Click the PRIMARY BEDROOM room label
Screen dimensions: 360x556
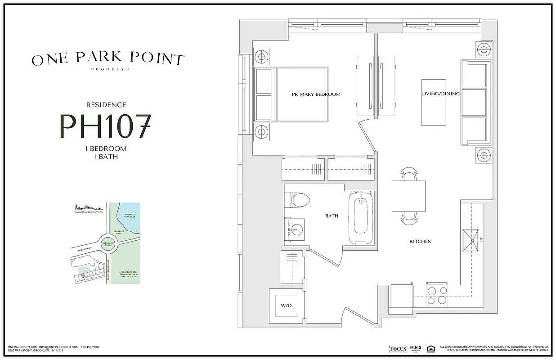(316, 94)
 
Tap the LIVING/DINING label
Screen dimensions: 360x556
(440, 94)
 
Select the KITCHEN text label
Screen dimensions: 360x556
(420, 242)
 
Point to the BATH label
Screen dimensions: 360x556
(332, 216)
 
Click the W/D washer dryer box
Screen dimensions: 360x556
(286, 306)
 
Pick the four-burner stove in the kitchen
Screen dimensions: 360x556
(436, 295)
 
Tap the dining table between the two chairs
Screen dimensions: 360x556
(408, 196)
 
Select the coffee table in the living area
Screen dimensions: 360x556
(433, 103)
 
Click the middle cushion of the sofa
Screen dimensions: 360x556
(474, 103)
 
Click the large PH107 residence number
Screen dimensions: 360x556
(105, 126)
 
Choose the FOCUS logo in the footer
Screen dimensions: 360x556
(397, 349)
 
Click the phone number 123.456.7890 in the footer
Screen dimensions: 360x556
(90, 347)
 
